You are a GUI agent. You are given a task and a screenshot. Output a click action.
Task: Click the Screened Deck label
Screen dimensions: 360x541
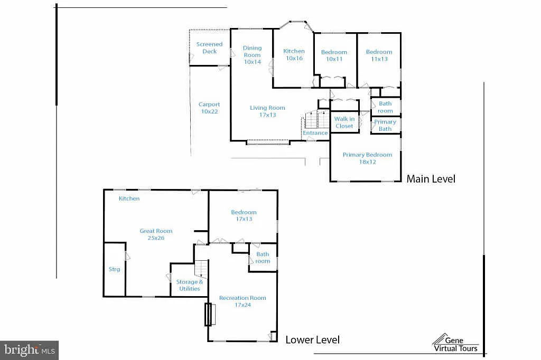209,48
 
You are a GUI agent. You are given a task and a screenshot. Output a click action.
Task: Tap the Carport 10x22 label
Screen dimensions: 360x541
209,108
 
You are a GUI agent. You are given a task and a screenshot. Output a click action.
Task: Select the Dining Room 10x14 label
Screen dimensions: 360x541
252,55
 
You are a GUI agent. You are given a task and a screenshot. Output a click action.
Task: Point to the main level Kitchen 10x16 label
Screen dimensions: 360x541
294,55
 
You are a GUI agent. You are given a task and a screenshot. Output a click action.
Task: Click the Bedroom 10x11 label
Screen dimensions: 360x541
334,55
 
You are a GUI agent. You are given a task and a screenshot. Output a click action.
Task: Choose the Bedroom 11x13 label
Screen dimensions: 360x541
379,55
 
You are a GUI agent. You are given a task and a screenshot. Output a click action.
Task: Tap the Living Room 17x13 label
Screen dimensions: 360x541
267,111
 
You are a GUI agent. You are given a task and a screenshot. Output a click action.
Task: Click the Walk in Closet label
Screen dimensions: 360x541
344,122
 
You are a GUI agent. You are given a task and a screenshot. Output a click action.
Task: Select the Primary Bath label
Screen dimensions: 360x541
385,126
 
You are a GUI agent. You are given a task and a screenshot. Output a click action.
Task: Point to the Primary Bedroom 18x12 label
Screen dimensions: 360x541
367,158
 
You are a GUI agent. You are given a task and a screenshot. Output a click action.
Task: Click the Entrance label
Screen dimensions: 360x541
315,133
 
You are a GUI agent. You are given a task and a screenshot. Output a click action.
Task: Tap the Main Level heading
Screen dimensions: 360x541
431,179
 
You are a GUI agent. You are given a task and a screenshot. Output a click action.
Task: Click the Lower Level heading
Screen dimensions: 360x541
312,340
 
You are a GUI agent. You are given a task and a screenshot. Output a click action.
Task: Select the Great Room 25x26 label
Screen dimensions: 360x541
156,234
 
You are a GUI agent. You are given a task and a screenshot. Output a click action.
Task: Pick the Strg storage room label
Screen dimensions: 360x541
114,269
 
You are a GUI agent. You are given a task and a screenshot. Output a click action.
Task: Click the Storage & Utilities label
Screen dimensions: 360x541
189,286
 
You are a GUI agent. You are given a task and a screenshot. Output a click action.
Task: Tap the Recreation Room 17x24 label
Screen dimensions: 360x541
242,301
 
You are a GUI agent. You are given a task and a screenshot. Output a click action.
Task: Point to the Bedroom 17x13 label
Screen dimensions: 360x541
244,215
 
